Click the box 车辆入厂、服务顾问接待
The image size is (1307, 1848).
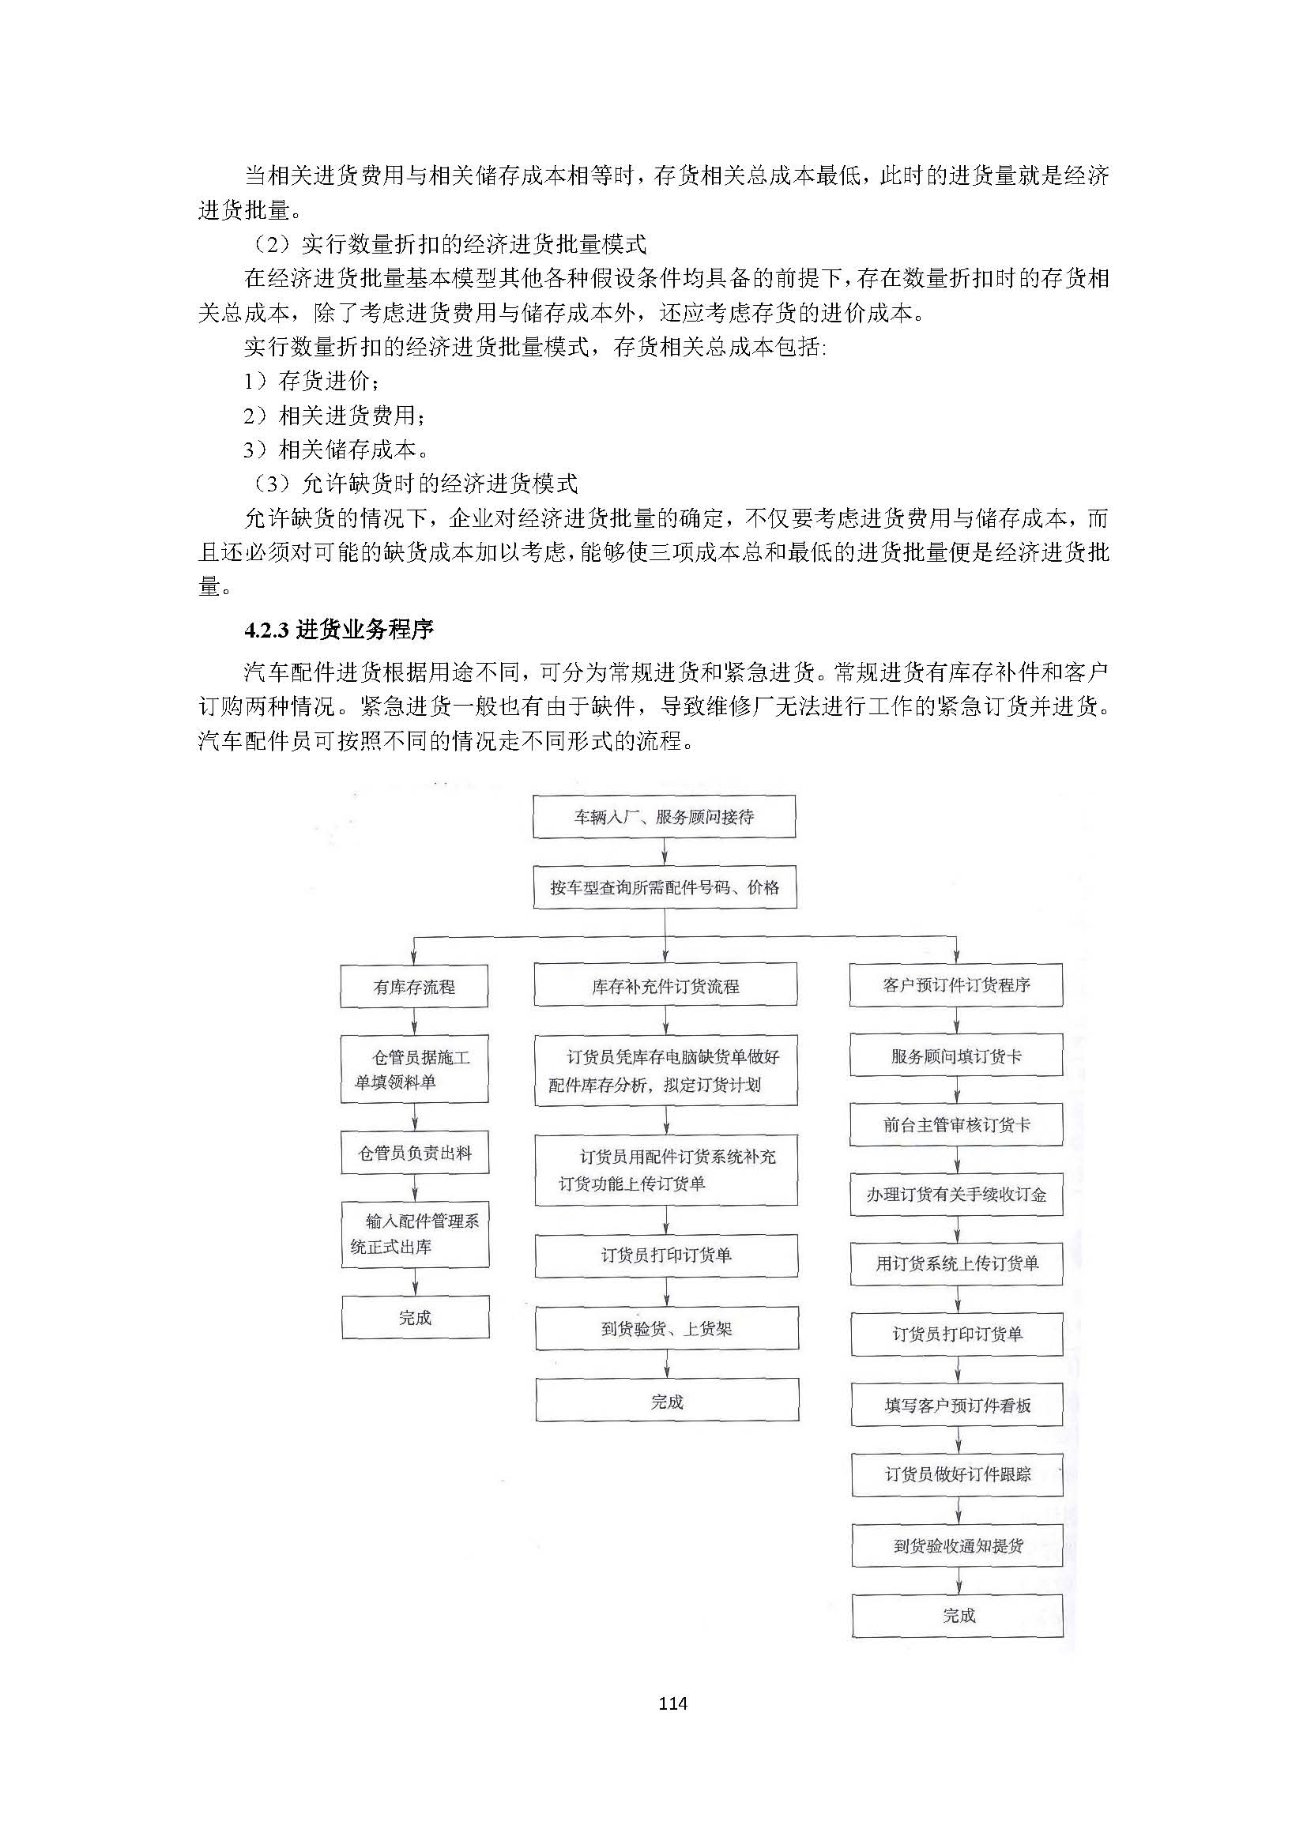(x=664, y=817)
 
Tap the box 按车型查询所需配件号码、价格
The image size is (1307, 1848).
(x=665, y=887)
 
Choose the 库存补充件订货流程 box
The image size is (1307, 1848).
(x=665, y=986)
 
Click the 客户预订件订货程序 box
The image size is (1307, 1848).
(x=956, y=985)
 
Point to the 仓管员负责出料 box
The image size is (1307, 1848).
(x=415, y=1153)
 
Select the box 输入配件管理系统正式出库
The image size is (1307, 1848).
(x=415, y=1234)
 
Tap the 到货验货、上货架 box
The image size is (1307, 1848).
(x=666, y=1328)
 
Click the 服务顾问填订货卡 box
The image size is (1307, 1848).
(x=956, y=1056)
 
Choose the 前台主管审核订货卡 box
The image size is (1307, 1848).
(x=956, y=1125)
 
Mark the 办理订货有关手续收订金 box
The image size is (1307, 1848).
(x=956, y=1195)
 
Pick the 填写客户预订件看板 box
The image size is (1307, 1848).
(x=957, y=1406)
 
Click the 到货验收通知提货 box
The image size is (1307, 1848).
(x=958, y=1545)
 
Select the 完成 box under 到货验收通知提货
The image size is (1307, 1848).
(x=958, y=1616)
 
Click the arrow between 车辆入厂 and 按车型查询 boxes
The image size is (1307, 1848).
(x=665, y=852)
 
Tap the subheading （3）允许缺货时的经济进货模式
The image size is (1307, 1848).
(x=416, y=484)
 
